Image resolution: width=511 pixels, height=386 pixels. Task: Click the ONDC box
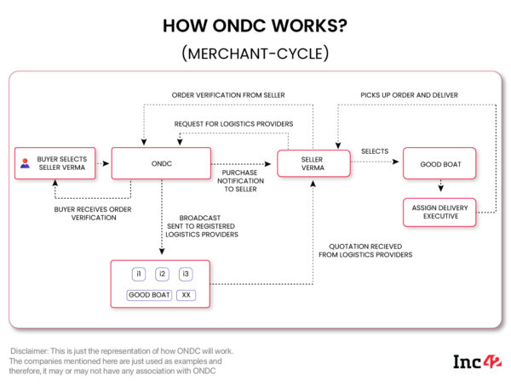coord(162,162)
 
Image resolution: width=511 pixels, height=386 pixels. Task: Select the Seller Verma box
coord(313,162)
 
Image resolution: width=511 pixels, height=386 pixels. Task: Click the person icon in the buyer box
coord(25,162)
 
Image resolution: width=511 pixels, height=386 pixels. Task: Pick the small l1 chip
coord(139,274)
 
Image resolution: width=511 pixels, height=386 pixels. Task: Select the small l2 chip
coord(162,274)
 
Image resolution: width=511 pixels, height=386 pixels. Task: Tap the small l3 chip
coord(186,274)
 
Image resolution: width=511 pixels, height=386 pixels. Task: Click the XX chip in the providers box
coord(186,295)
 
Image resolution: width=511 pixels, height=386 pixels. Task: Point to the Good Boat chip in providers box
coord(149,295)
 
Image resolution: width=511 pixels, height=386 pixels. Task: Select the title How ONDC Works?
coord(255,27)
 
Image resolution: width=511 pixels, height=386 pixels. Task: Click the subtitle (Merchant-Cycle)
coord(255,54)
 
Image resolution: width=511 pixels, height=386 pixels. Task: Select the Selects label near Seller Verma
coord(374,151)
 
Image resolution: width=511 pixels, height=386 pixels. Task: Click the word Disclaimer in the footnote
coord(32,351)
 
